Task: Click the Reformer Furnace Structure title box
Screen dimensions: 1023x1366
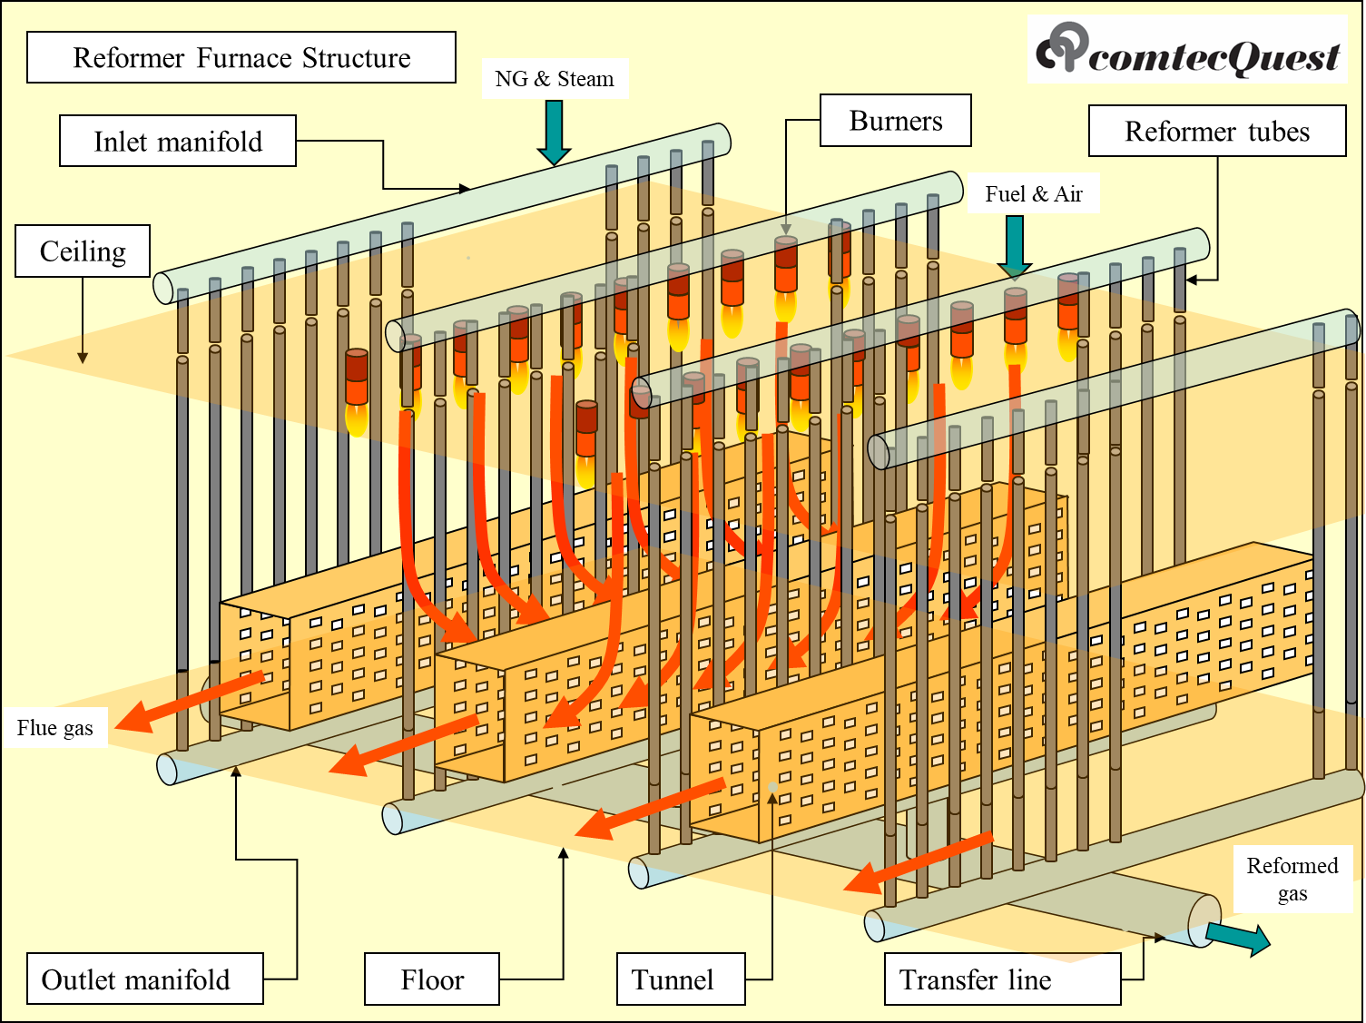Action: click(241, 58)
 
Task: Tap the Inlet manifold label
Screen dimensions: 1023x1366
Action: click(178, 141)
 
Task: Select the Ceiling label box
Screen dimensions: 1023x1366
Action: click(83, 251)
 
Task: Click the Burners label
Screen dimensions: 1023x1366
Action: click(896, 121)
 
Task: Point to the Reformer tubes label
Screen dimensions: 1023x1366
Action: click(1217, 132)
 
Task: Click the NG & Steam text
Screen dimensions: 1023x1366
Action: click(555, 79)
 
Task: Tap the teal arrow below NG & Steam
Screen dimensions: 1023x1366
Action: click(554, 133)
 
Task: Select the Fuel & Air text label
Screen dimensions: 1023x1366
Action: click(1034, 194)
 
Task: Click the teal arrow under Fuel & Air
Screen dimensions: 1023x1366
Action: click(1015, 246)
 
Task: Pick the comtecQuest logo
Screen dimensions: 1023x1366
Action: click(1188, 50)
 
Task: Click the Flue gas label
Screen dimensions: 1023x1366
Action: click(55, 728)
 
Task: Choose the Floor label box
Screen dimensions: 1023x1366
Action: click(432, 979)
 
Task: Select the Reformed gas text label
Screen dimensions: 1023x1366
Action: click(1292, 879)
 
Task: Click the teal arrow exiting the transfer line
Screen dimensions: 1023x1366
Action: click(1238, 939)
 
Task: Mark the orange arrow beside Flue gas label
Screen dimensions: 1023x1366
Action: click(189, 701)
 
